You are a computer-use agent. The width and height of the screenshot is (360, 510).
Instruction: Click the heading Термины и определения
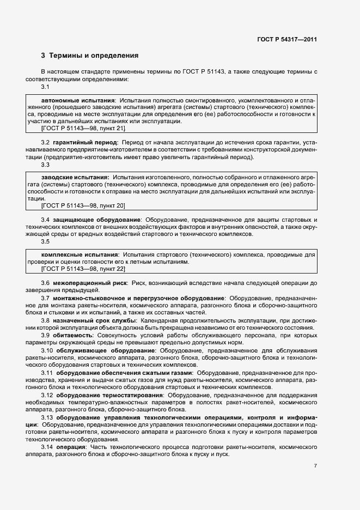pos(94,55)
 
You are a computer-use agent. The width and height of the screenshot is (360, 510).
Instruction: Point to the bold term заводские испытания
pos(75,178)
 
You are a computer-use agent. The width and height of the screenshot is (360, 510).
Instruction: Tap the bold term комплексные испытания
pos(80,255)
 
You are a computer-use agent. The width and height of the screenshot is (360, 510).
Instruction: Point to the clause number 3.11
pos(47,372)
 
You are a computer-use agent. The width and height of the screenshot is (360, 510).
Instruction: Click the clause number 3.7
pos(45,298)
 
